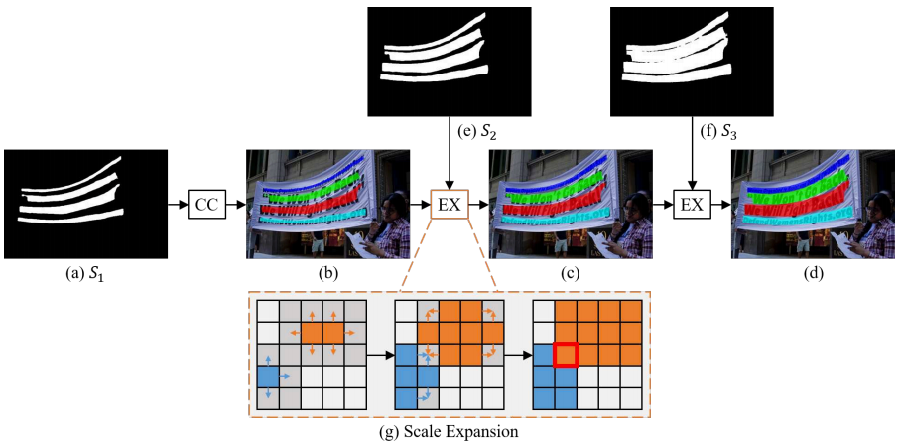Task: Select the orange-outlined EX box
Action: click(x=450, y=205)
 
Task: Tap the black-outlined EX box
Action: click(x=692, y=205)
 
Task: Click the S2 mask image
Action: click(x=450, y=61)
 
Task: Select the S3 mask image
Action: click(x=691, y=61)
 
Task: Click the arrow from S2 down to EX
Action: click(x=450, y=164)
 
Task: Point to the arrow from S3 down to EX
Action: click(x=691, y=164)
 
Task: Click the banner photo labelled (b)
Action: click(x=327, y=204)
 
